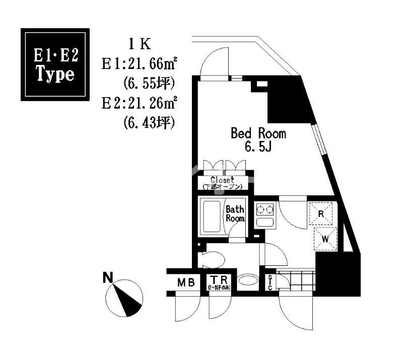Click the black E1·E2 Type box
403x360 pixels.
pos(55,64)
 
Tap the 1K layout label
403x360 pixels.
pos(140,44)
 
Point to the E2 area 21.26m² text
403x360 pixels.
pos(141,104)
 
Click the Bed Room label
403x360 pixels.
pos(258,133)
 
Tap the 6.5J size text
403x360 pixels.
pos(258,147)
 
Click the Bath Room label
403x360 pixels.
pos(235,213)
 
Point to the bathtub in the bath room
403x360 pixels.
pos(212,217)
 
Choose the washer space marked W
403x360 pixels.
pos(325,239)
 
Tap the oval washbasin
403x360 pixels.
pos(247,280)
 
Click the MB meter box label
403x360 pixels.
pos(185,283)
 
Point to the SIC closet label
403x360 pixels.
pos(270,283)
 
